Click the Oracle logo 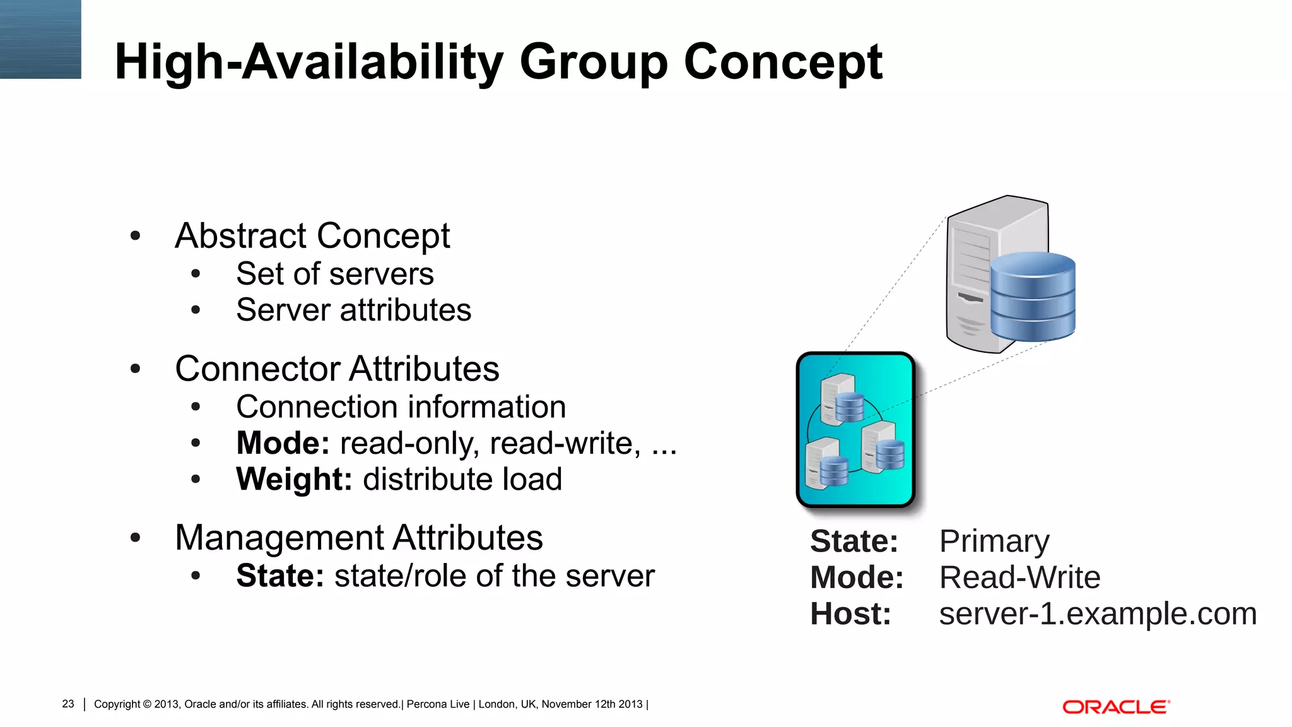1115,707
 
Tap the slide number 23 68,704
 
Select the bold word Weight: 293,479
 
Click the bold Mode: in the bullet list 282,443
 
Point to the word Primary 994,541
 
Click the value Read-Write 1019,577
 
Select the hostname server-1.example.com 1098,614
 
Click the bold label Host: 850,614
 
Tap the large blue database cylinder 1032,296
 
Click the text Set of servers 334,274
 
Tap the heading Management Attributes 358,538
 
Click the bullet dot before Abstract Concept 135,236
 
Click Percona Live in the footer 438,704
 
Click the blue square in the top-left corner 40,39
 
